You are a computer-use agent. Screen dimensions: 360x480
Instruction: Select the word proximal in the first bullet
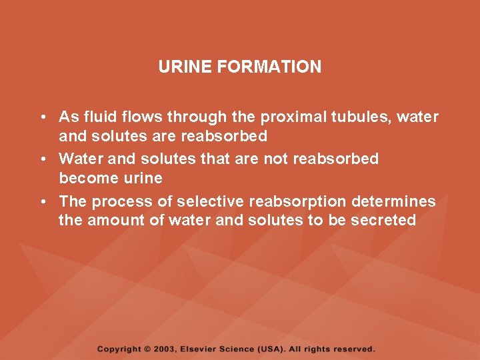289,117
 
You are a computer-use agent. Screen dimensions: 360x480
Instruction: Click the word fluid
100,117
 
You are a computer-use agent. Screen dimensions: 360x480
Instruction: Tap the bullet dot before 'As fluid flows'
42,118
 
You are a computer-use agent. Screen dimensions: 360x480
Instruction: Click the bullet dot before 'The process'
42,202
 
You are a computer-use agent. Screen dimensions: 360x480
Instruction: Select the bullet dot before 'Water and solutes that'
42,159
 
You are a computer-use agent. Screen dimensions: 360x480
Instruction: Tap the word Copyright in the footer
119,349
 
